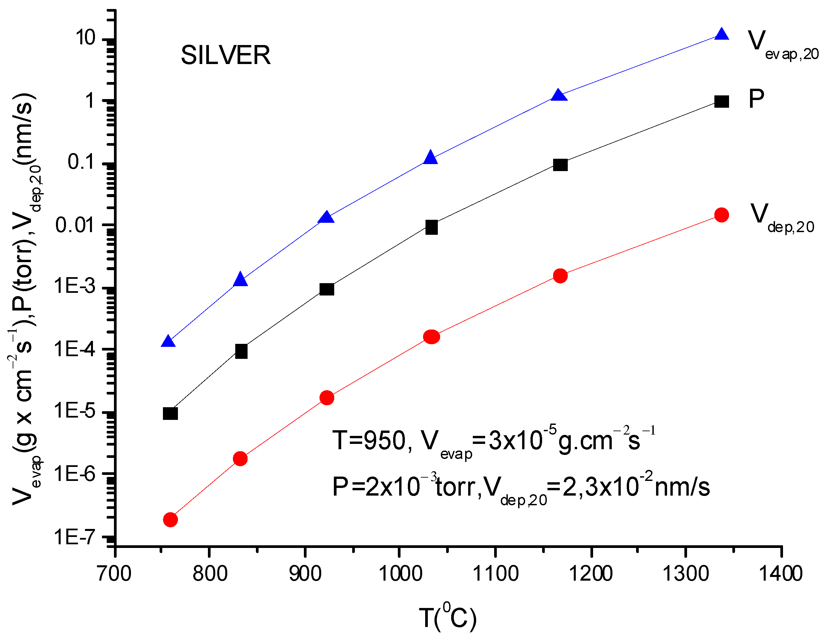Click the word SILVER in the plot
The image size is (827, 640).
[x=226, y=55]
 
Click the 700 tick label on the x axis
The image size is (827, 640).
[x=114, y=573]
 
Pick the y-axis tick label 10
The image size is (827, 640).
[x=86, y=38]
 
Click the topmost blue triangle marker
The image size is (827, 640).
[x=722, y=34]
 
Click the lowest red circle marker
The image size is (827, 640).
[x=170, y=520]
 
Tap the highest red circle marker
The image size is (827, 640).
[x=722, y=215]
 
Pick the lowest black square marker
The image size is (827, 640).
[x=170, y=414]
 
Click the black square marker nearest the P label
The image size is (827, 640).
[x=722, y=101]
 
